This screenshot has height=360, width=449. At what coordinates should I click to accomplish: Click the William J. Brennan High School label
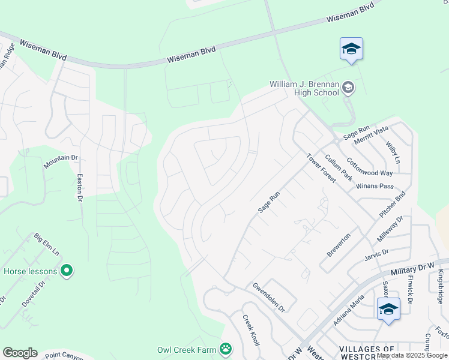click(304, 88)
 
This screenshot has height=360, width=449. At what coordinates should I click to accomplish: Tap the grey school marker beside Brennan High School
click(348, 89)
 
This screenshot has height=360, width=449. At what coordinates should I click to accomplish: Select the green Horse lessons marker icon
click(67, 271)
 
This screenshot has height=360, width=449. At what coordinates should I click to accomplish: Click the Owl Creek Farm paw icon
click(225, 349)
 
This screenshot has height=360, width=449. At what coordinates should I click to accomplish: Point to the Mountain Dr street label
click(61, 161)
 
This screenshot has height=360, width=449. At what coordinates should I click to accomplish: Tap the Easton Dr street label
click(79, 188)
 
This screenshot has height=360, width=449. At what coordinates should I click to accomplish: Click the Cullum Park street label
click(337, 167)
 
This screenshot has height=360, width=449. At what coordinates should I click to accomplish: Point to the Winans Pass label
click(374, 186)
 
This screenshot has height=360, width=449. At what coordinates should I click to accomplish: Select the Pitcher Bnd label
click(393, 205)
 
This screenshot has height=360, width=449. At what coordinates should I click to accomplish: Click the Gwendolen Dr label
click(268, 297)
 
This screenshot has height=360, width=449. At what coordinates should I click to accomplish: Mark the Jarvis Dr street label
click(376, 256)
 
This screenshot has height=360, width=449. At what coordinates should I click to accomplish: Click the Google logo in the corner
click(20, 352)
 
